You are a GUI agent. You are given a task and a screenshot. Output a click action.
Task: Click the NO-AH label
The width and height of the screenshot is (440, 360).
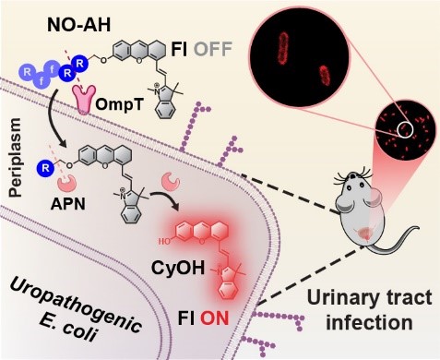pos(78,26)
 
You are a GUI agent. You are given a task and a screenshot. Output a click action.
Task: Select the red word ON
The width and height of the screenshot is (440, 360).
pos(215,318)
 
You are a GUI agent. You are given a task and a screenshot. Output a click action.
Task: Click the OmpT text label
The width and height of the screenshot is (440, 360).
pos(119,104)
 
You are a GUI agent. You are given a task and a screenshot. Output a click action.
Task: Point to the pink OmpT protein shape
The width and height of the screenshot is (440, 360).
pos(84,100)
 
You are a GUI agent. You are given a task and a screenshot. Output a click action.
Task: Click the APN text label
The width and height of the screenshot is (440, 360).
pos(68,203)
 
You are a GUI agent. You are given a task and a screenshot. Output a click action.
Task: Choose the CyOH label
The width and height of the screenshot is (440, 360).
pos(178,268)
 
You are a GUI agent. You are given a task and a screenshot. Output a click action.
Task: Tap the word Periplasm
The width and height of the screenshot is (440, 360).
pos(16,157)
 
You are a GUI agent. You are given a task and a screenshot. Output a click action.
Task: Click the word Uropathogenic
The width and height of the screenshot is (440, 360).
pos(75,303)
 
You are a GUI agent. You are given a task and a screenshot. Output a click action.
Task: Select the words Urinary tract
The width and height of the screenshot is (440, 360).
pos(369,298)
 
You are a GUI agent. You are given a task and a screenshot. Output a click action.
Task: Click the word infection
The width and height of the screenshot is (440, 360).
pos(369,322)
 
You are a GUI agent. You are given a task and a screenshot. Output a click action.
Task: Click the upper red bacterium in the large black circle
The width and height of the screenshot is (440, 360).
pos(284,49)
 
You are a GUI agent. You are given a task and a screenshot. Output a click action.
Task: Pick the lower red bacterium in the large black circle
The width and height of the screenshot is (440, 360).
pos(324,75)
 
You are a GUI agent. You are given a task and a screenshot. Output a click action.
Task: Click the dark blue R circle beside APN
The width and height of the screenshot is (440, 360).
pos(45,168)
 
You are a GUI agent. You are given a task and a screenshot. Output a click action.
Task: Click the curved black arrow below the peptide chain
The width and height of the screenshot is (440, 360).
pos(56,116)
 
